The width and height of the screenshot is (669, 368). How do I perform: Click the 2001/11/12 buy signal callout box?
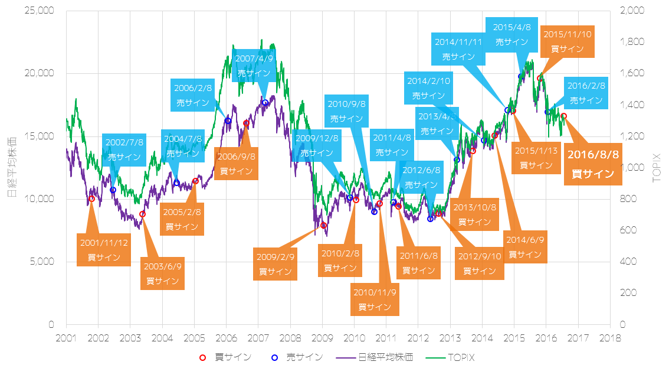pos(104,250)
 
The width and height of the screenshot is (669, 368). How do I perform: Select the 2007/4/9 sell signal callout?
pos(254,66)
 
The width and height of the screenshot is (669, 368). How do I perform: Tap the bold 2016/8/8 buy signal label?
pos(593,164)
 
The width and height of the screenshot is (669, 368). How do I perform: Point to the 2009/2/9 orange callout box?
pos(275,264)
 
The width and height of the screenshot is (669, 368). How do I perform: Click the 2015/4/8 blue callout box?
pos(511,34)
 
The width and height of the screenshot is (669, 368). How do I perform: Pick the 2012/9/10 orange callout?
pos(479,263)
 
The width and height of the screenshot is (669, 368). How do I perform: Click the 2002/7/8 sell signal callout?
pos(124,150)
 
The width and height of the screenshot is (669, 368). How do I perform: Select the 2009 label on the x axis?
pos(322,337)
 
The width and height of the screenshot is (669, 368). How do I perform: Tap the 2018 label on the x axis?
pos(609,337)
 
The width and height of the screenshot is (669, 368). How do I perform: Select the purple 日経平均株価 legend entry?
pos(375,357)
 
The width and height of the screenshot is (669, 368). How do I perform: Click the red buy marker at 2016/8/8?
pos(563,116)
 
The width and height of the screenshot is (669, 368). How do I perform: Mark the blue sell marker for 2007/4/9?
pos(265,103)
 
